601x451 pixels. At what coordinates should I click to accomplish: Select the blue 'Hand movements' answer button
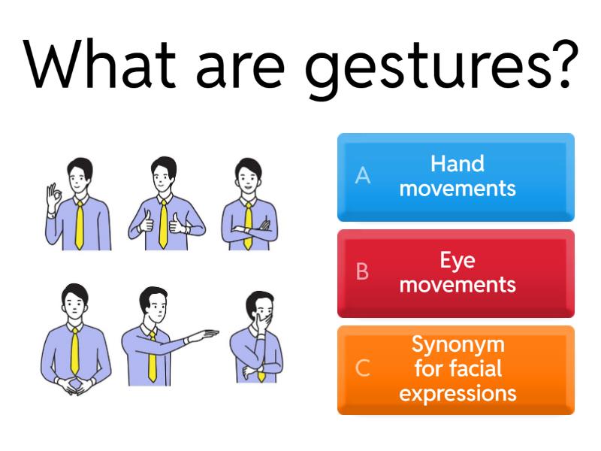pyautogui.click(x=455, y=177)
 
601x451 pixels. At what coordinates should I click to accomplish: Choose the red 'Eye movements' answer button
pyautogui.click(x=455, y=273)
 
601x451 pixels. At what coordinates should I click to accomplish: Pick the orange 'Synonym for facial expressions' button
pyautogui.click(x=455, y=369)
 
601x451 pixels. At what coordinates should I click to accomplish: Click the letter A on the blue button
pyautogui.click(x=363, y=176)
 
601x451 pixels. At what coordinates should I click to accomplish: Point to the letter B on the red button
pyautogui.click(x=362, y=272)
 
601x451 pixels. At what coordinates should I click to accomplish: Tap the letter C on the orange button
pyautogui.click(x=362, y=368)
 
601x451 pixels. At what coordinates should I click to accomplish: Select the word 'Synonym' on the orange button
pyautogui.click(x=458, y=345)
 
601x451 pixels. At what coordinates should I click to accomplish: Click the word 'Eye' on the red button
pyautogui.click(x=458, y=261)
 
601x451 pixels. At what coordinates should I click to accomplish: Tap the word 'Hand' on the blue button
pyautogui.click(x=458, y=164)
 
